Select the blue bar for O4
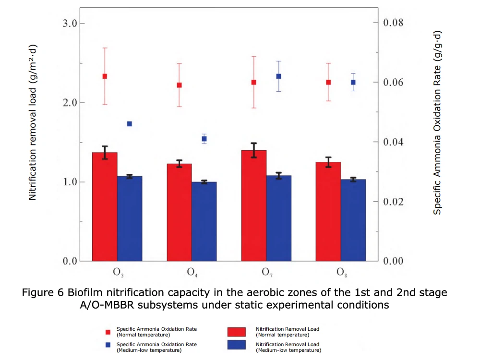(x=204, y=221)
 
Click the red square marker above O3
(x=105, y=76)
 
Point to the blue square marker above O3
(x=129, y=124)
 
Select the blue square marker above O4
(x=204, y=139)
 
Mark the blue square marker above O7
(x=278, y=76)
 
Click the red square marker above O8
(x=328, y=82)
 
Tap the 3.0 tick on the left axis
(x=72, y=24)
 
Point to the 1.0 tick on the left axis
(x=72, y=182)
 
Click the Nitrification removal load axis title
(x=33, y=122)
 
